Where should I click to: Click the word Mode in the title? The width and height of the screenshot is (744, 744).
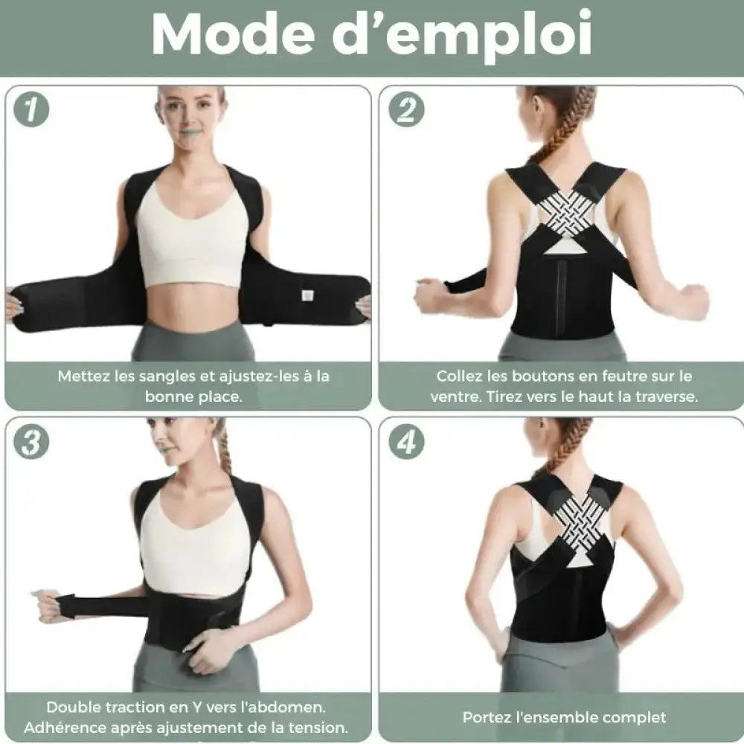coord(233,35)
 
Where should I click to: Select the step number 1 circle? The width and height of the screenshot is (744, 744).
coord(31,109)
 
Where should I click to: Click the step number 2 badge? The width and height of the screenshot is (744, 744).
coord(406,109)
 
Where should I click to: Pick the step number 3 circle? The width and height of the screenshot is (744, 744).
coord(31,441)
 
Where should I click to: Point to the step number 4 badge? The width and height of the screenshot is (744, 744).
coord(406,442)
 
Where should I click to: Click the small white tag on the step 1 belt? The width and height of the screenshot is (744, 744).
coord(307,295)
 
